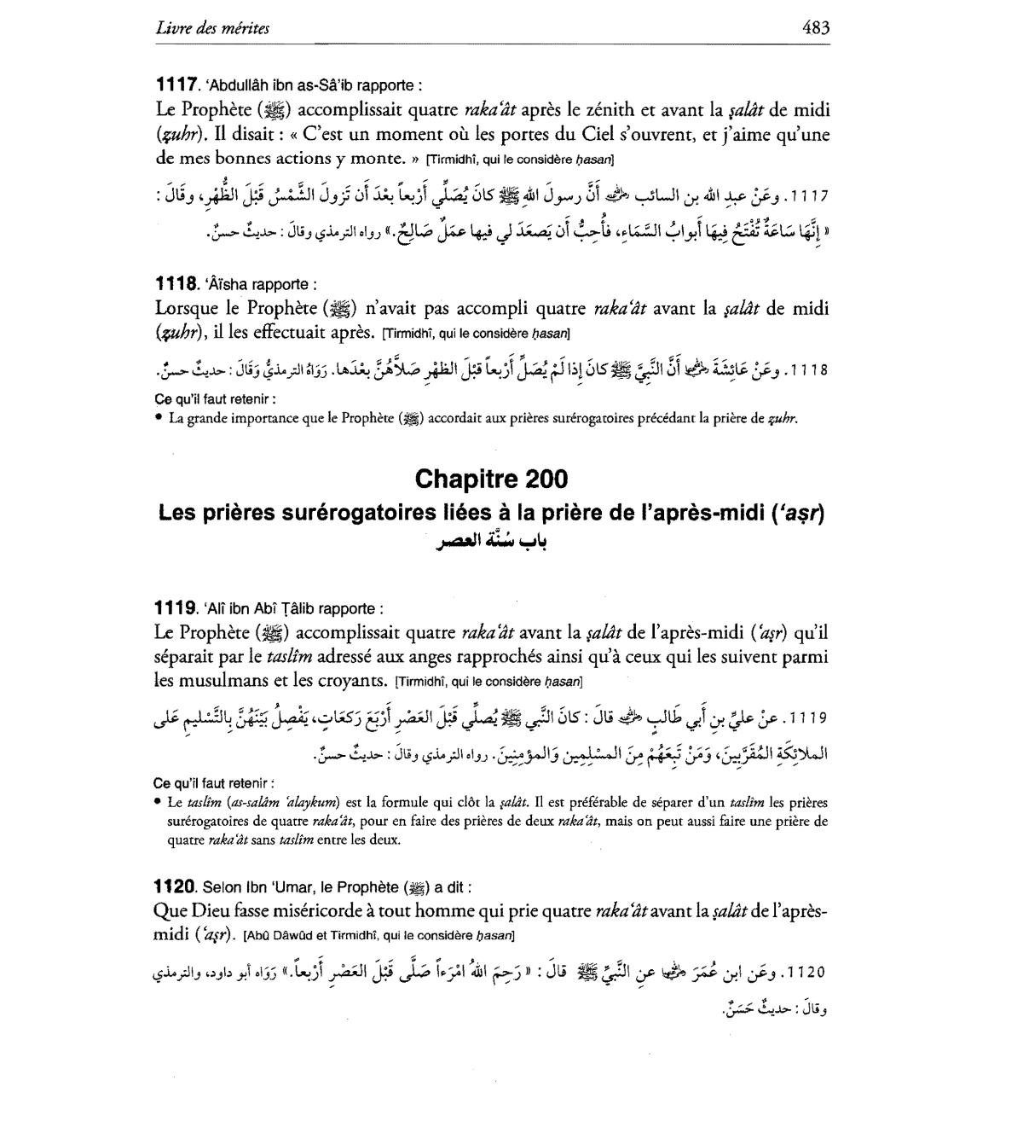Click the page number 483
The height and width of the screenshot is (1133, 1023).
pyautogui.click(x=816, y=27)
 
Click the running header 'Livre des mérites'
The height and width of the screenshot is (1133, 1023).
pyautogui.click(x=212, y=28)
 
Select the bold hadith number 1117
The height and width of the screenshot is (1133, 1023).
pyautogui.click(x=176, y=85)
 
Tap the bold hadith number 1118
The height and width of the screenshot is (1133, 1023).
pyautogui.click(x=176, y=284)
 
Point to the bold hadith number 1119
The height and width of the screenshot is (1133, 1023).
pyautogui.click(x=176, y=608)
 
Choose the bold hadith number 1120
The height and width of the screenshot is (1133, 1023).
pyautogui.click(x=176, y=886)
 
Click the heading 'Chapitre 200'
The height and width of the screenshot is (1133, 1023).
pyautogui.click(x=491, y=479)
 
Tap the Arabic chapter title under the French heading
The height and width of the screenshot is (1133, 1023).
pyautogui.click(x=490, y=542)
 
